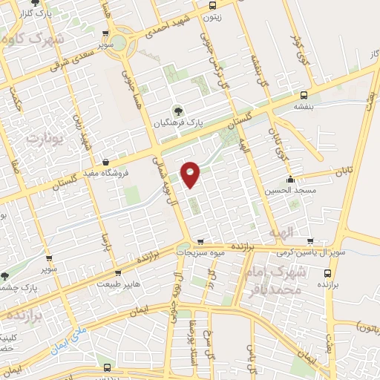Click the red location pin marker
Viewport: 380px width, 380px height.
tap(191, 173)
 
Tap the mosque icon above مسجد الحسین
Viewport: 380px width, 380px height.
tap(290, 178)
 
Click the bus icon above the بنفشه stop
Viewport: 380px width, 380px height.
tap(304, 95)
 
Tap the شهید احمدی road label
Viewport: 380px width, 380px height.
tap(170, 24)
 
